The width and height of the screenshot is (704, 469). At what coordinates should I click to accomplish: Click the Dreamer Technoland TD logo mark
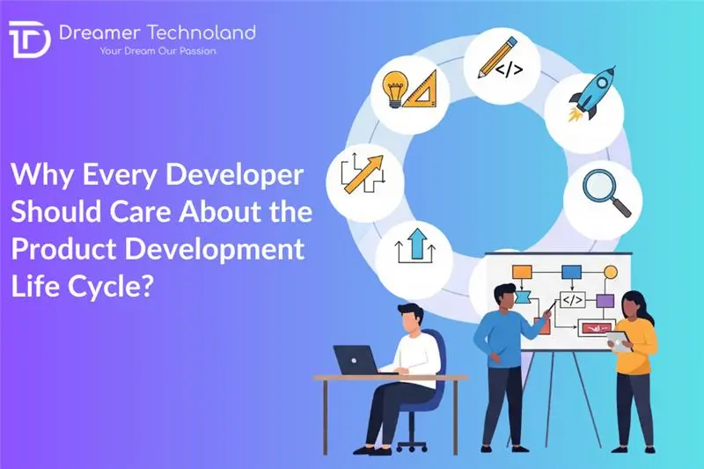29,40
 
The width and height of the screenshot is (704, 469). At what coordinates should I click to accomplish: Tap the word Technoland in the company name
202,33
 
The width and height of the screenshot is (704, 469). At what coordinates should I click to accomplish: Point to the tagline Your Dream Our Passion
159,51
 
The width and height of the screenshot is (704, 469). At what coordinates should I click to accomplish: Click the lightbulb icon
393,85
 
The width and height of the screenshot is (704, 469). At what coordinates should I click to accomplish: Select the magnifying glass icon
610,193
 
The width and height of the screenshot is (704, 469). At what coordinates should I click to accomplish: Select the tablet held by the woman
620,343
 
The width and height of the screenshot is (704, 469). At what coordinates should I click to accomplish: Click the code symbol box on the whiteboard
572,300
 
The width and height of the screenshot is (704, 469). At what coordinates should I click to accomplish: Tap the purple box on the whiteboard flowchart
604,301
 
